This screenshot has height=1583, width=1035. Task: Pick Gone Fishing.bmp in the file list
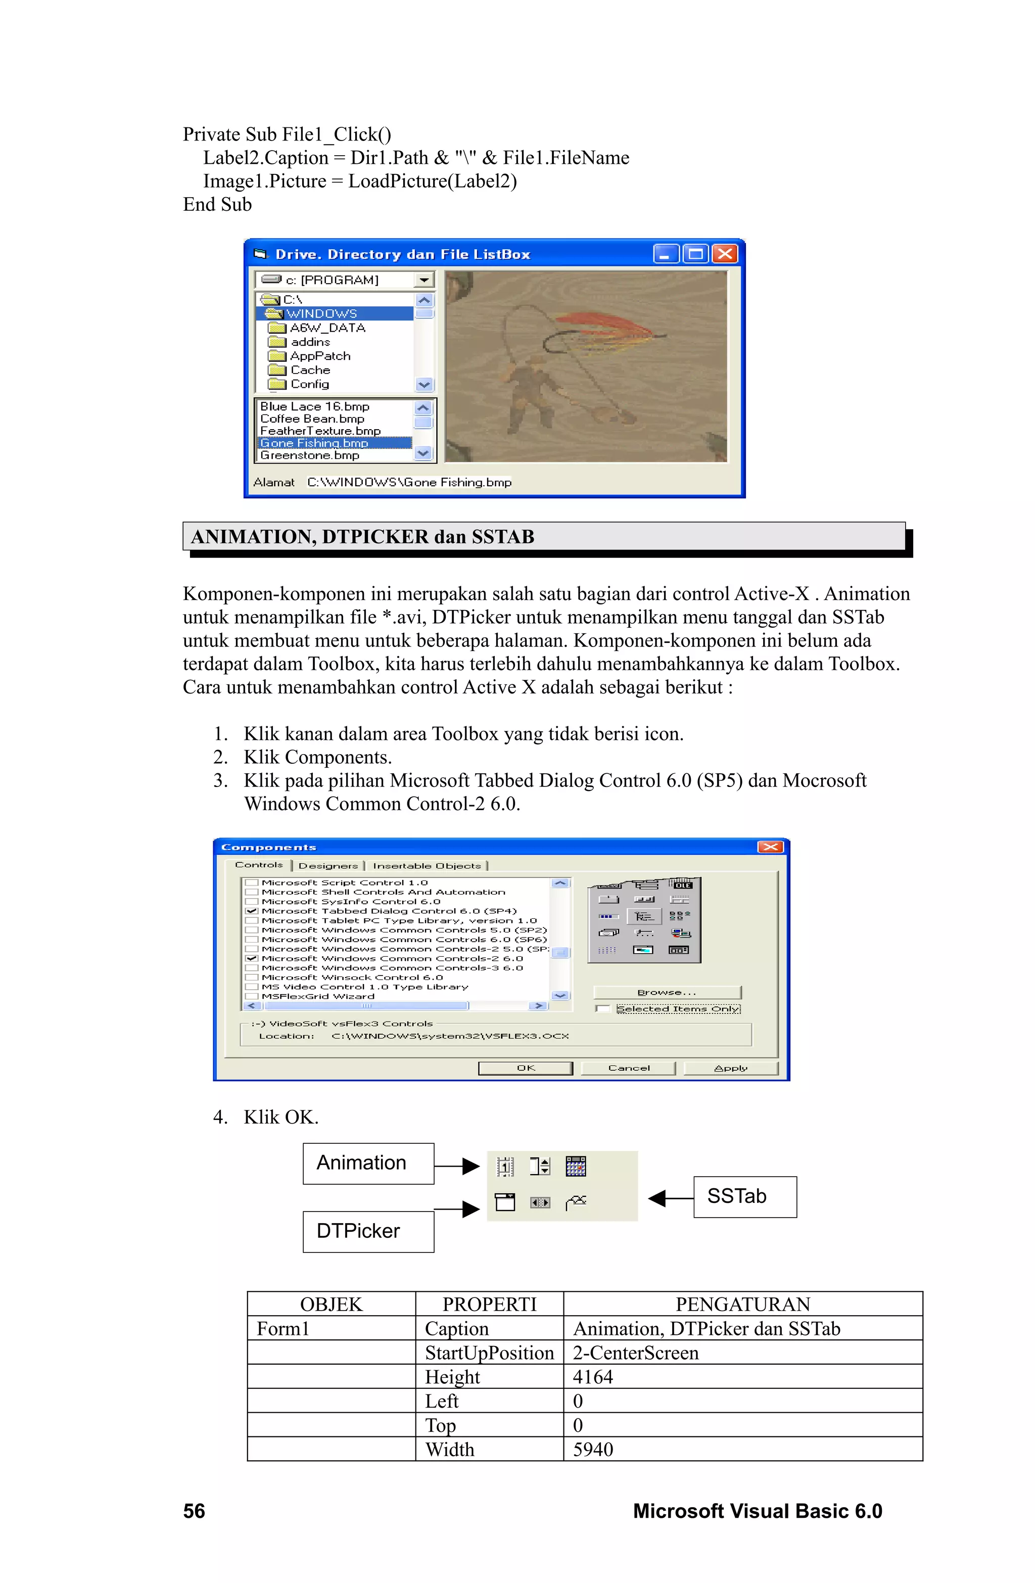pyautogui.click(x=314, y=443)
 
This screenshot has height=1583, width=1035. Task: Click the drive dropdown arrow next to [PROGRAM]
pyautogui.click(x=424, y=280)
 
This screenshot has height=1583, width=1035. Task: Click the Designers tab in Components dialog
pyautogui.click(x=328, y=865)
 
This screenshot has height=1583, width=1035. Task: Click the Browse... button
pyautogui.click(x=667, y=992)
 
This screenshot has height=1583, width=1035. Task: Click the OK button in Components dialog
pyautogui.click(x=526, y=1067)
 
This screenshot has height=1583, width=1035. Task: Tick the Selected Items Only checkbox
pyautogui.click(x=602, y=1009)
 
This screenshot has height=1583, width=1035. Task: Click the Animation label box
pyautogui.click(x=368, y=1163)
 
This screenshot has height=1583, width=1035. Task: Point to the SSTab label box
pyautogui.click(x=744, y=1196)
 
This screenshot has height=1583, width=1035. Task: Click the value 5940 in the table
pyautogui.click(x=593, y=1449)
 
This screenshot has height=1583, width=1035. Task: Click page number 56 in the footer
pyautogui.click(x=194, y=1511)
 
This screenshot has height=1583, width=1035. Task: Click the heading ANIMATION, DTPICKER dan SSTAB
pyautogui.click(x=362, y=537)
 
